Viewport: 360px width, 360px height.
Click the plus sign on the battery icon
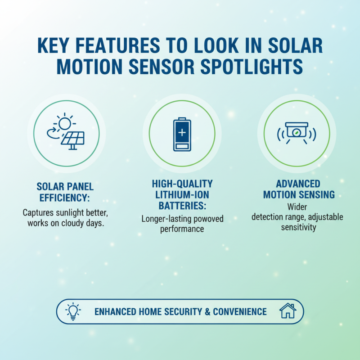[x=182, y=133]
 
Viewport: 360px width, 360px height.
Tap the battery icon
[x=182, y=134]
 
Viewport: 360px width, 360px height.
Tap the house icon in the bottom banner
[x=287, y=311]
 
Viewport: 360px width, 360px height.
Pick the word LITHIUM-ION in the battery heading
[x=182, y=195]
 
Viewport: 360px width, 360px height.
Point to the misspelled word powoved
[x=207, y=219]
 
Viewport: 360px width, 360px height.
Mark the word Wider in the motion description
[x=297, y=207]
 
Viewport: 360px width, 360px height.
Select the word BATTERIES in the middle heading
[x=182, y=206]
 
